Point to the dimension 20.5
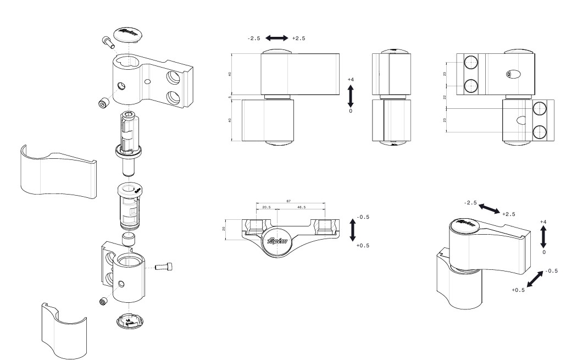pyautogui.click(x=266, y=207)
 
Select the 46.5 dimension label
pyautogui.click(x=301, y=207)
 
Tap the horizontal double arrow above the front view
pyautogui.click(x=276, y=38)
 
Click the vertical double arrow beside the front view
pyautogui.click(x=351, y=96)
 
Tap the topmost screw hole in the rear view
pyautogui.click(x=470, y=62)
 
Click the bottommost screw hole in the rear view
pyautogui.click(x=540, y=132)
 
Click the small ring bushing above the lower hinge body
pyautogui.click(x=128, y=240)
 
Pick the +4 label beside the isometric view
pyautogui.click(x=543, y=221)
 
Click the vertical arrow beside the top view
pyautogui.click(x=353, y=230)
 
